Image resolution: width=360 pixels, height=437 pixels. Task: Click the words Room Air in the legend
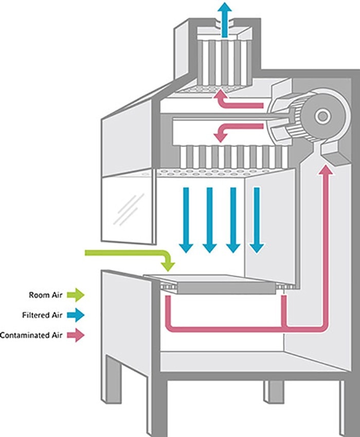click(47, 295)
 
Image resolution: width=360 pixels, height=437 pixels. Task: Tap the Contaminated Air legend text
click(32, 336)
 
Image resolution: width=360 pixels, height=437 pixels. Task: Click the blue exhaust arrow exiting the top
click(224, 18)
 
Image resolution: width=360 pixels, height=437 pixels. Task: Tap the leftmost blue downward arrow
click(186, 219)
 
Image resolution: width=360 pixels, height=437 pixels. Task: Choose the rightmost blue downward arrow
click(257, 219)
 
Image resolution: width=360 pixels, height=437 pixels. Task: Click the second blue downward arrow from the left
click(209, 219)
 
